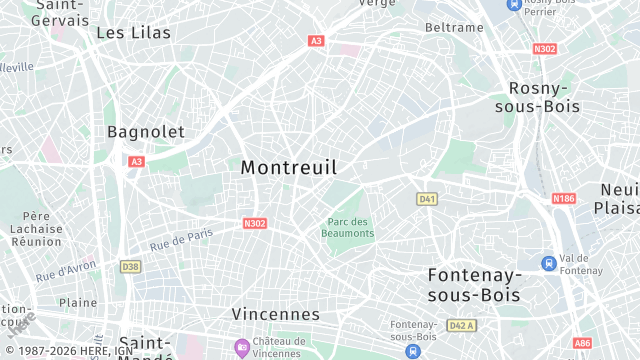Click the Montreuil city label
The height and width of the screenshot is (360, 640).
(x=289, y=168)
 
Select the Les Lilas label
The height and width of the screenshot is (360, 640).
(x=133, y=33)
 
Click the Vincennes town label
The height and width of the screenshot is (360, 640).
(x=275, y=314)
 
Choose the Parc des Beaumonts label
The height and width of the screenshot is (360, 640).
(x=348, y=227)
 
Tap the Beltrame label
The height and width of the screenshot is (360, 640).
(x=454, y=27)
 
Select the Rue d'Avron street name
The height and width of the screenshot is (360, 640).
(x=65, y=270)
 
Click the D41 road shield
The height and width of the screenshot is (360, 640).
(x=427, y=199)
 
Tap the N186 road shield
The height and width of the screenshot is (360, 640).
(x=564, y=199)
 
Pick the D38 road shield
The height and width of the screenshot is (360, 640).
(x=130, y=267)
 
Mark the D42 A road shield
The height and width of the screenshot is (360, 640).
(x=461, y=325)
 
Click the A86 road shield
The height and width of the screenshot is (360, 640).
(x=582, y=343)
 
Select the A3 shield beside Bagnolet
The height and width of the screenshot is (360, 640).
(x=136, y=161)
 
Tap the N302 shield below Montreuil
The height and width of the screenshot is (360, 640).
(x=255, y=223)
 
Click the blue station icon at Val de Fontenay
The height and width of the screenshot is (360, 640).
(x=548, y=263)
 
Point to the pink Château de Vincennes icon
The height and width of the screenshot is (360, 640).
(x=241, y=348)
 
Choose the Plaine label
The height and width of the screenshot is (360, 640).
(x=78, y=302)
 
